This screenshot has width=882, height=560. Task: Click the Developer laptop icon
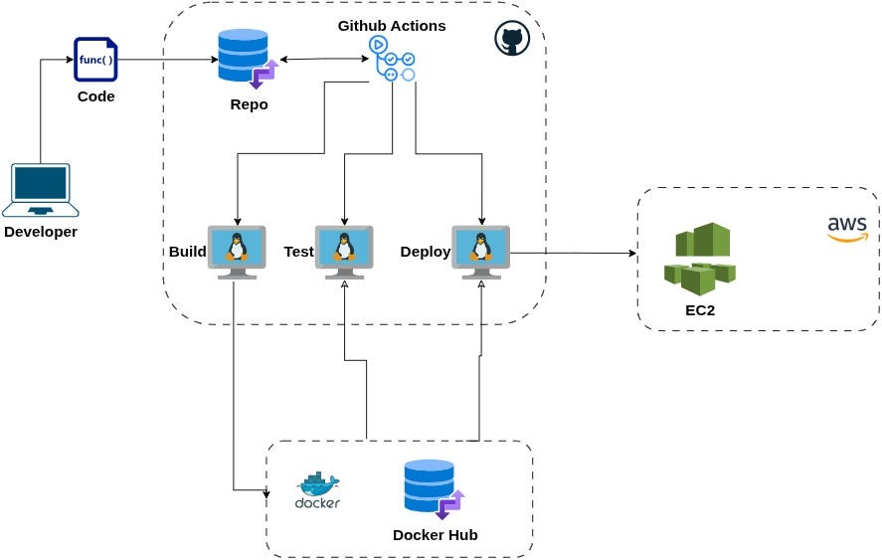click(x=40, y=190)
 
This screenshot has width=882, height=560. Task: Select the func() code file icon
click(x=95, y=60)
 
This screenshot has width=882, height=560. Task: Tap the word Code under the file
click(x=95, y=96)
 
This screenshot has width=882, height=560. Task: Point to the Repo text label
click(x=249, y=104)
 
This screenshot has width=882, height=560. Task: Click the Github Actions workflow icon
click(x=392, y=60)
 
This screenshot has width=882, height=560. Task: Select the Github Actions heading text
click(x=392, y=25)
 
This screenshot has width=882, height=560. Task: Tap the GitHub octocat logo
click(x=512, y=39)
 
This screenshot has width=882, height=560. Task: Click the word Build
click(x=187, y=252)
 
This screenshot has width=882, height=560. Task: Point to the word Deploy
click(x=425, y=252)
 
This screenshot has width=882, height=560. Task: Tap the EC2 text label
click(x=700, y=310)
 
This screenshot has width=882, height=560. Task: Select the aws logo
click(x=847, y=229)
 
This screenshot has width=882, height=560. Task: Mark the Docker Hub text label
click(x=435, y=535)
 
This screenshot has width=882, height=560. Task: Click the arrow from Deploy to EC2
click(x=574, y=253)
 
